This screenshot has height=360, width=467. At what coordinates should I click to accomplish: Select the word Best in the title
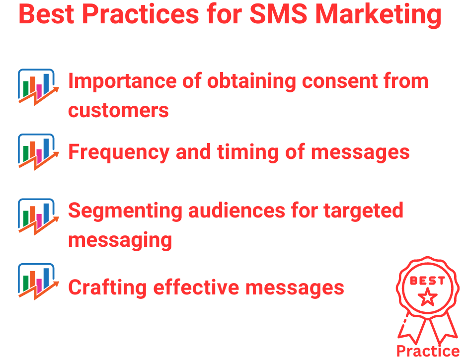tap(45, 15)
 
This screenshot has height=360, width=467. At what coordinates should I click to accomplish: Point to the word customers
tap(118, 110)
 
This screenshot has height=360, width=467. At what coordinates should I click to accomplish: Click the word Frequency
tap(118, 152)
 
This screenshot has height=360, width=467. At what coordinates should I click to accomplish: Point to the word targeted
tap(363, 211)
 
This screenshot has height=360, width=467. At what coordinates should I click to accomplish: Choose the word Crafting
tap(106, 288)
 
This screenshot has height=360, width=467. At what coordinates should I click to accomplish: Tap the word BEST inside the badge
tap(427, 281)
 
